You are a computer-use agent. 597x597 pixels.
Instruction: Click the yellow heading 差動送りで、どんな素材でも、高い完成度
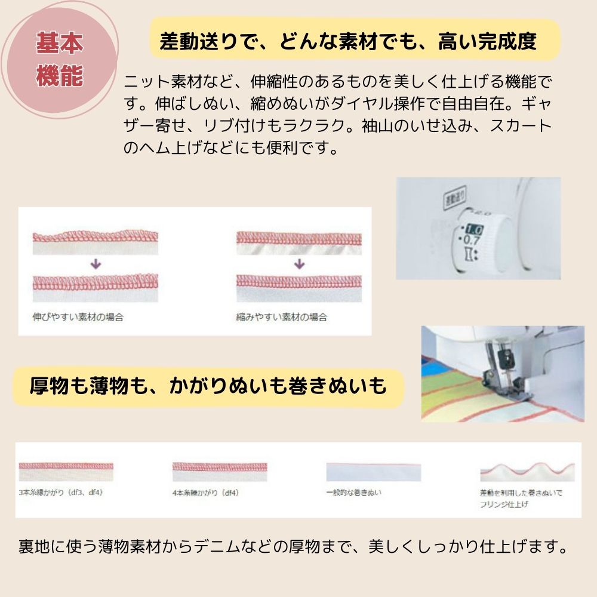(x=348, y=41)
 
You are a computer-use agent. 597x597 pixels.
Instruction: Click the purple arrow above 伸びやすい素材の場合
(x=96, y=264)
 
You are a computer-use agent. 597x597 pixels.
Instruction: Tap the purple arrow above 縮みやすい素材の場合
(x=300, y=264)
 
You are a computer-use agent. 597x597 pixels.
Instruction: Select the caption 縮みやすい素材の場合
(x=282, y=317)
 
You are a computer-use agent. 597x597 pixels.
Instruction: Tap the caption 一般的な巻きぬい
(x=354, y=493)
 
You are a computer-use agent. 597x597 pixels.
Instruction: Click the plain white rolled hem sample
(x=373, y=472)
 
